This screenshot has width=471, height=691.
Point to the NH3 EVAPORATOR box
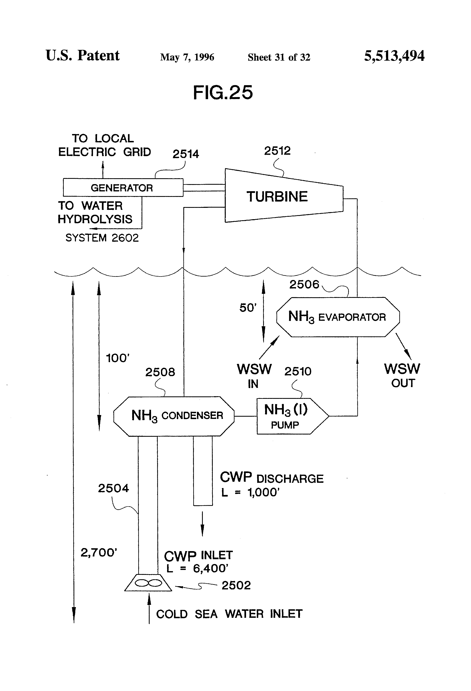338,317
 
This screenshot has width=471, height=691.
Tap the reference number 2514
186,154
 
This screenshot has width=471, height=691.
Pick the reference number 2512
277,151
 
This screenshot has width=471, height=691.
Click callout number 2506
304,284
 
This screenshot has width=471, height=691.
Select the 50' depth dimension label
248,308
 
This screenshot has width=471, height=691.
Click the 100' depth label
118,358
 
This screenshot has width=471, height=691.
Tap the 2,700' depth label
98,553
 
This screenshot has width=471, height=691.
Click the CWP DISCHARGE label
271,478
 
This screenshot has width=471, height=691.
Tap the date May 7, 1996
187,57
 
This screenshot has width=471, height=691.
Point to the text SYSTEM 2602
102,238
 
